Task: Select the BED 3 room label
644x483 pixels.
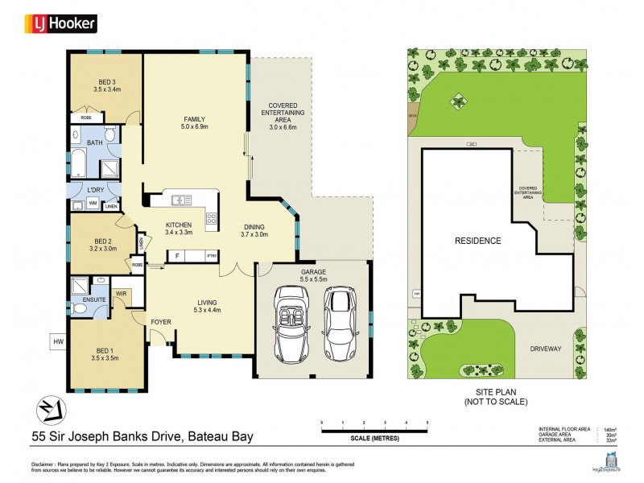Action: click(106, 85)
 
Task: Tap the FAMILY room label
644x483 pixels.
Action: click(195, 122)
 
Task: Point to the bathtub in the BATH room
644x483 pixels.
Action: click(81, 164)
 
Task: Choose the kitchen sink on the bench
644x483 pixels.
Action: click(178, 199)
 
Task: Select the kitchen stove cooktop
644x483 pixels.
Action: click(212, 217)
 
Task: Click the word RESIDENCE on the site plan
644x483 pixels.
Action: click(477, 241)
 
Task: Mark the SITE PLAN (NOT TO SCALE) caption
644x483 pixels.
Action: click(496, 395)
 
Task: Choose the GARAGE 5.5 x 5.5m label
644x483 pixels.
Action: click(314, 276)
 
